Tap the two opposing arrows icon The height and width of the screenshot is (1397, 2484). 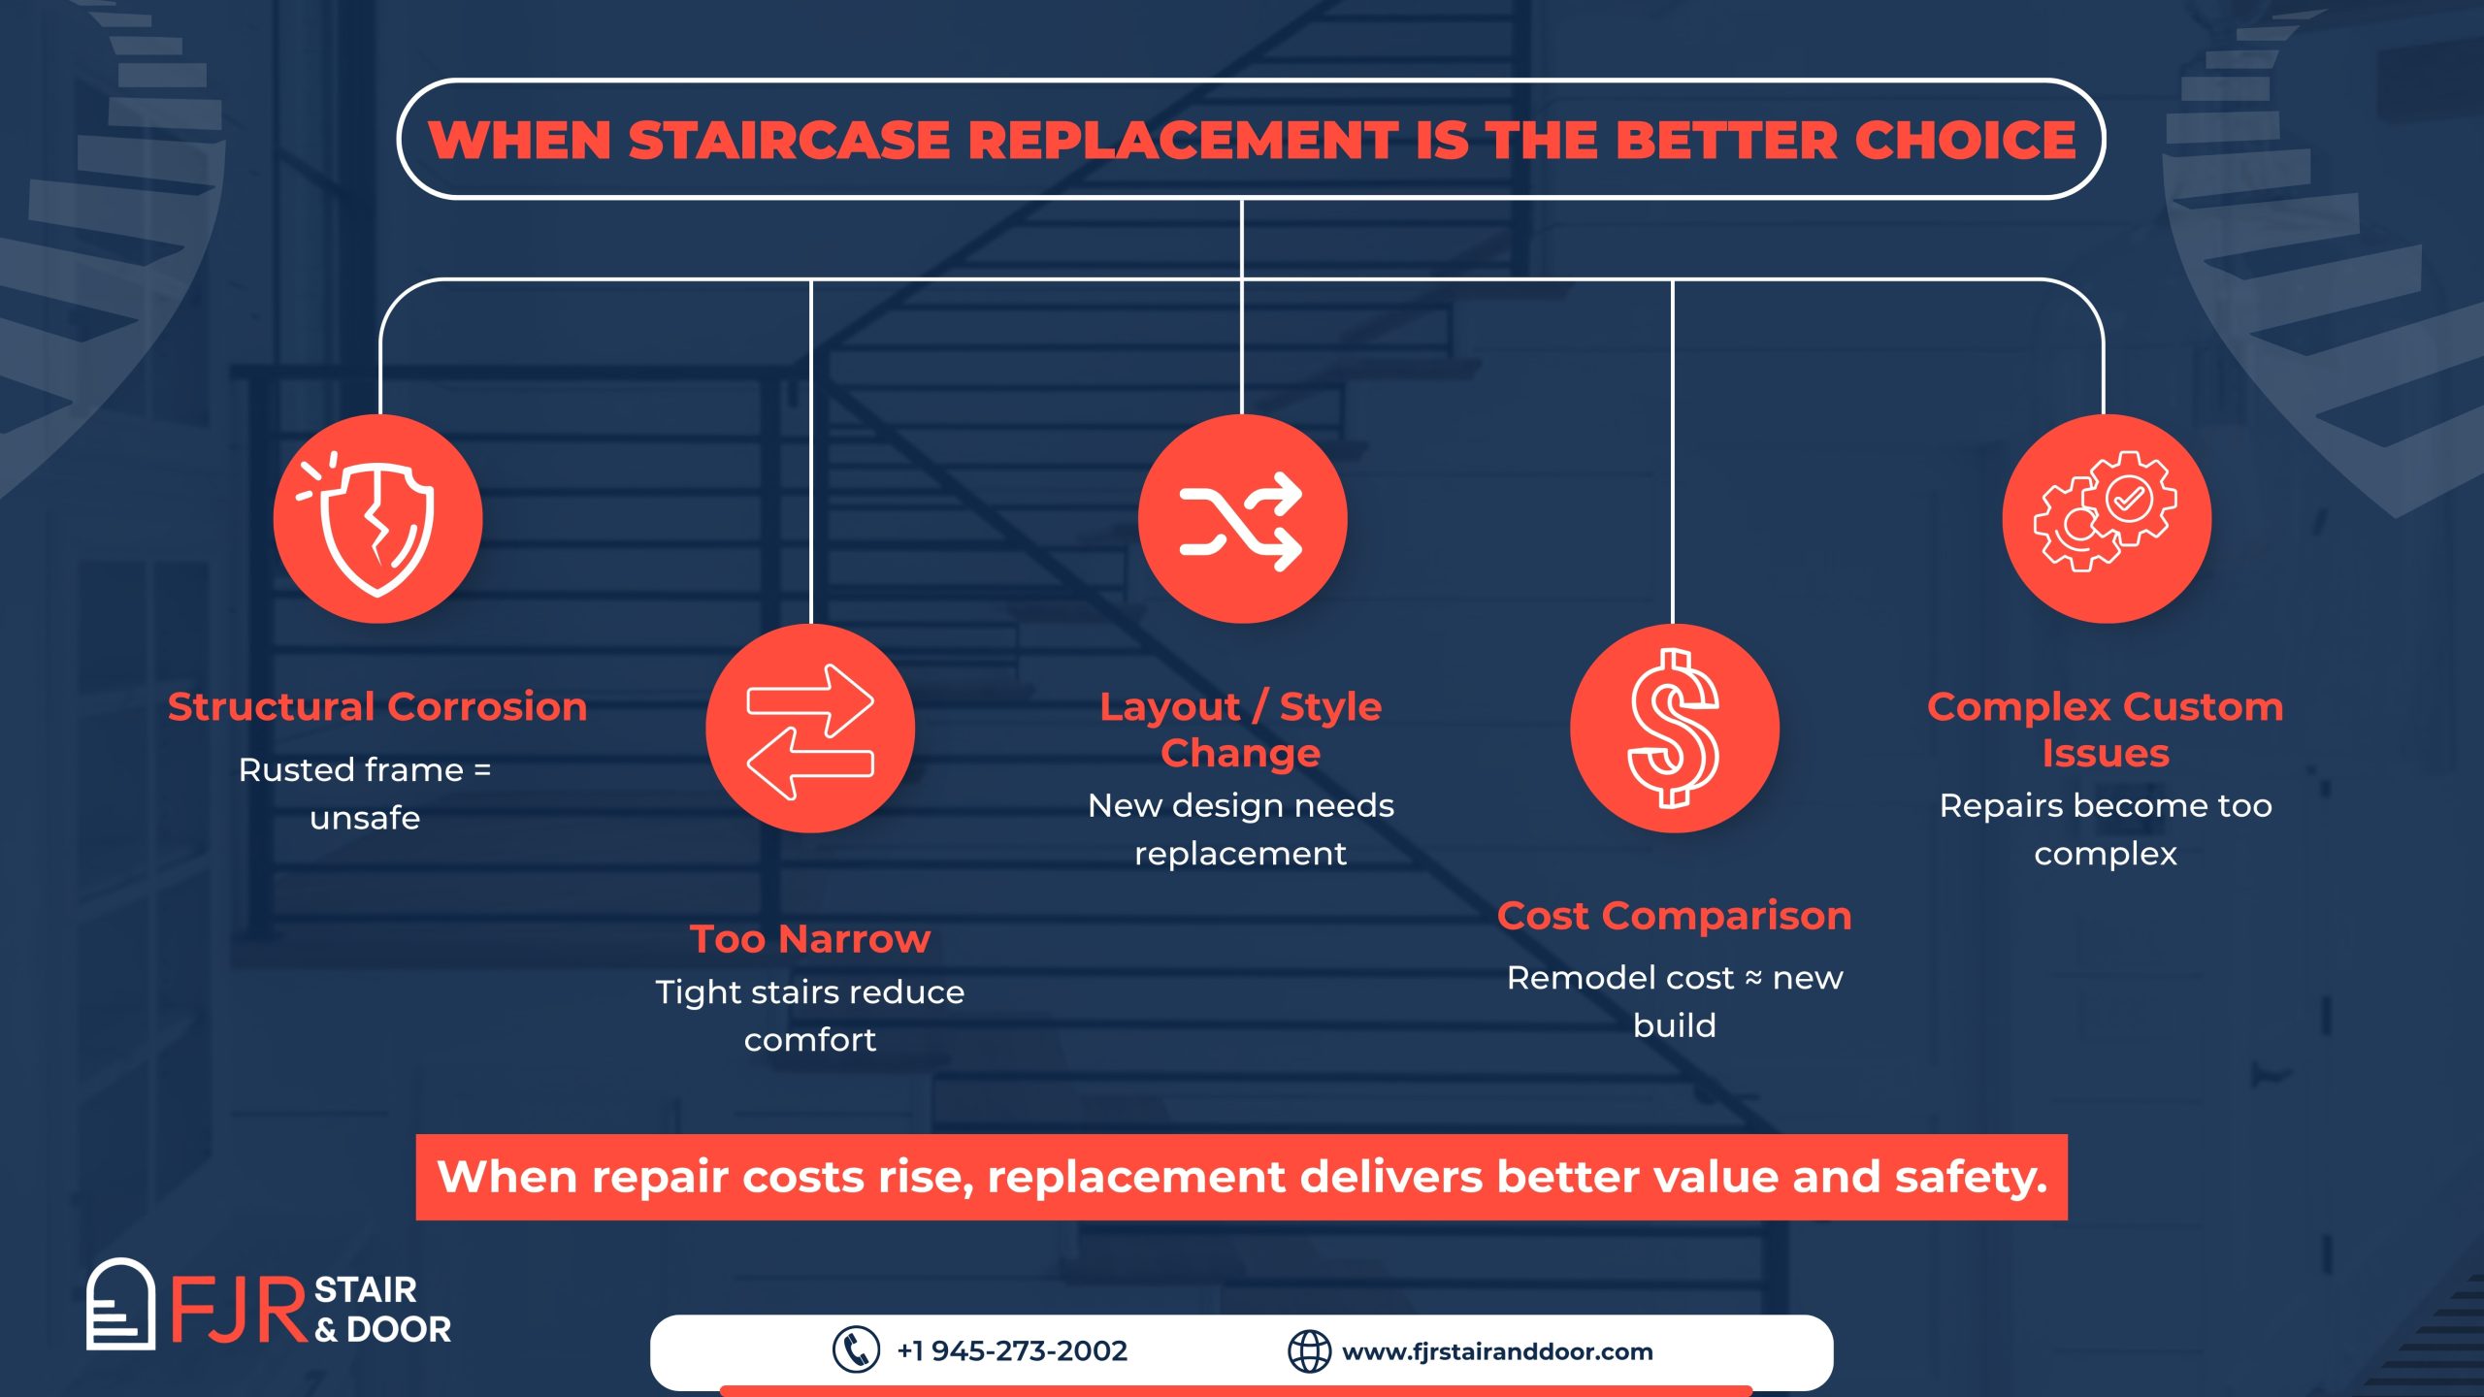click(810, 731)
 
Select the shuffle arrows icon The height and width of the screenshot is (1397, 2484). click(1241, 521)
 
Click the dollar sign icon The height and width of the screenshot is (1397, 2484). click(1674, 729)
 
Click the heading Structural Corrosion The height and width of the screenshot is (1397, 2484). click(377, 706)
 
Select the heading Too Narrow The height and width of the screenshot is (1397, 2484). click(810, 938)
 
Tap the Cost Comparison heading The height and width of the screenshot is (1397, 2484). click(1675, 916)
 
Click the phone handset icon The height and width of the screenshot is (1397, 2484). click(856, 1349)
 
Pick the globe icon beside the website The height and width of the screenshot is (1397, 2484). click(1309, 1350)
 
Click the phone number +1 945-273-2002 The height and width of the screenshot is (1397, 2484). click(1012, 1350)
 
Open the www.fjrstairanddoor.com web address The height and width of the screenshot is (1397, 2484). click(1497, 1351)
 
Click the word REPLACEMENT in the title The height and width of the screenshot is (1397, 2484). click(1184, 140)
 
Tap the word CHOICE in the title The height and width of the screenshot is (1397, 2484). click(1966, 140)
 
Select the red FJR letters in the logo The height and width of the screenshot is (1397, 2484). click(239, 1311)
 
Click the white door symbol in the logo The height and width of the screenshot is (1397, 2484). click(120, 1304)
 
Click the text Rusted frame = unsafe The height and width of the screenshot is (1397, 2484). click(365, 794)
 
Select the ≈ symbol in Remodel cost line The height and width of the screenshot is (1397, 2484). click(1753, 978)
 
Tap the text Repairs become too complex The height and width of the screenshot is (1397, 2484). click(2106, 829)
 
